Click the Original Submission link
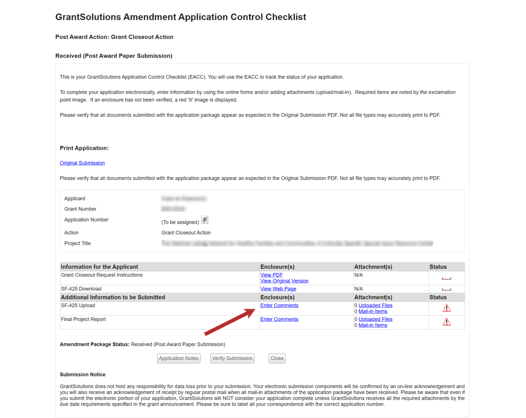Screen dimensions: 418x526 click(82, 163)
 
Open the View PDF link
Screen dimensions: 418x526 click(271, 275)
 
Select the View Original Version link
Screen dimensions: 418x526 click(284, 281)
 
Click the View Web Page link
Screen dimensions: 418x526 click(278, 289)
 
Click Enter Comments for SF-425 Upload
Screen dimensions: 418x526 click(279, 306)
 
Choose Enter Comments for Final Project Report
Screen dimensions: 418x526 click(279, 319)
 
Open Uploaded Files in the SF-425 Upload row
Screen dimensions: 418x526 click(375, 306)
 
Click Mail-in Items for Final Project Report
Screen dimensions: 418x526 click(373, 325)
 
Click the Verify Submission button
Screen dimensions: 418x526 click(232, 358)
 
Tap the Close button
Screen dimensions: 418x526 click(277, 358)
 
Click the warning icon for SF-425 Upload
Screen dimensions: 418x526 click(447, 308)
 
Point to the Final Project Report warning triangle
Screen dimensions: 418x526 click(447, 322)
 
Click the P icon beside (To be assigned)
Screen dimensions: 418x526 click(205, 220)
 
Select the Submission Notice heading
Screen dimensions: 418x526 click(83, 374)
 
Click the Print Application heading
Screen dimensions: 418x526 click(84, 148)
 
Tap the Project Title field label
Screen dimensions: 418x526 click(77, 243)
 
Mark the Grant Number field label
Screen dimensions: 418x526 click(80, 209)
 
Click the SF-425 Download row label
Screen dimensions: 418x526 click(81, 289)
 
